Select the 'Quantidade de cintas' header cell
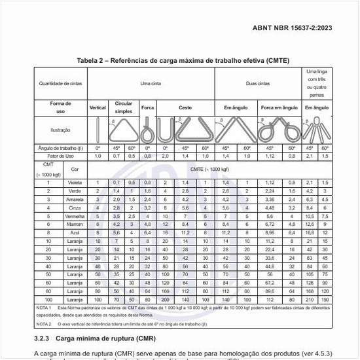tap(60, 84)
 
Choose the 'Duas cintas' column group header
tap(257, 84)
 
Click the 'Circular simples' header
tap(124, 107)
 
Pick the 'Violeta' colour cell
tap(75, 182)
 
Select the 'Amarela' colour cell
tap(75, 199)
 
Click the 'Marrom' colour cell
tap(75, 224)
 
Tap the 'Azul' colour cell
tap(75, 232)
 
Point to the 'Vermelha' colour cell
tap(75, 215)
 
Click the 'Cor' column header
tap(75, 168)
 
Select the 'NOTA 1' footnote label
tap(45, 307)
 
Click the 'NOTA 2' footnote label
tap(45, 323)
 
